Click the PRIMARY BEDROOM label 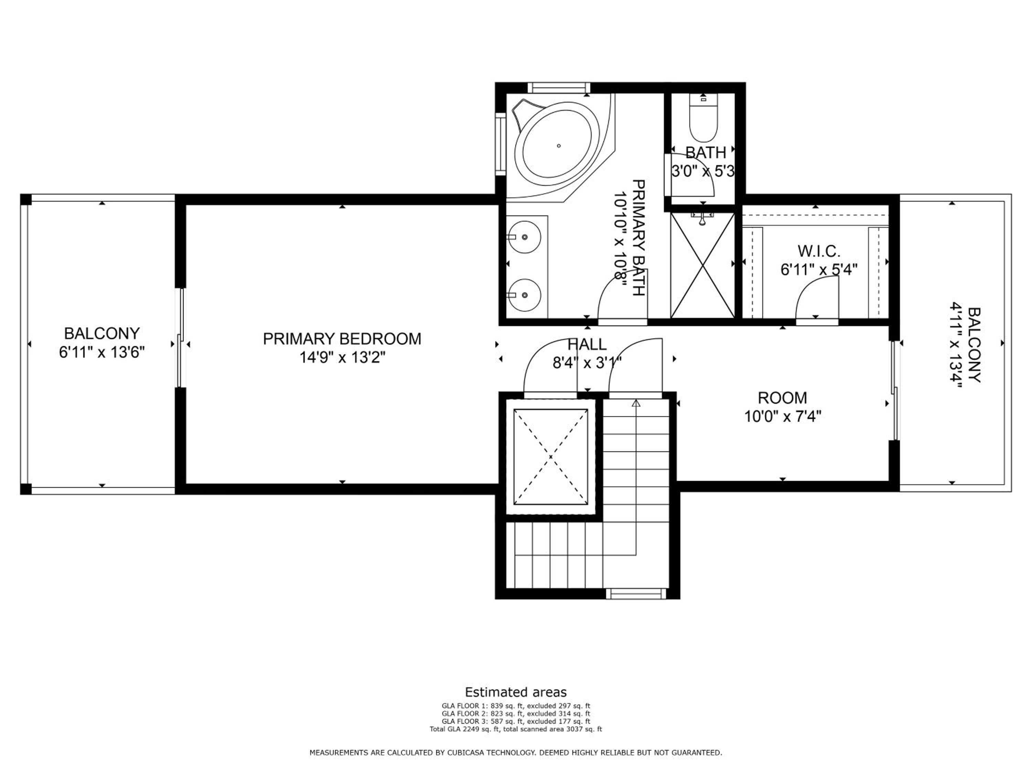342,339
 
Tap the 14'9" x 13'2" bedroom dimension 342,357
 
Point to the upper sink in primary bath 524,237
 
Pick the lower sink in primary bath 524,295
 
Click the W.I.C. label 819,251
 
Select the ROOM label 782,398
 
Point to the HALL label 587,345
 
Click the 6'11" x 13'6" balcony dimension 102,352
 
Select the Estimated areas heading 516,692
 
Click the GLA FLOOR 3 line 516,721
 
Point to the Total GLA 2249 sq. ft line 516,729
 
